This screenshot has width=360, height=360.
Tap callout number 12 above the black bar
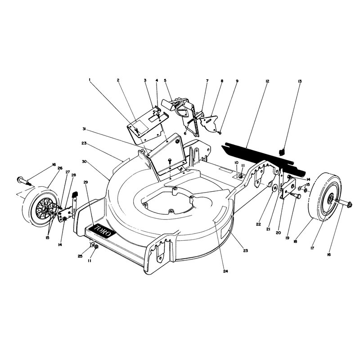pos(267,81)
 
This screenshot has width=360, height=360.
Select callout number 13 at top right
pos(300,81)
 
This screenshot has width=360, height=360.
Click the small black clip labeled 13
pos(282,152)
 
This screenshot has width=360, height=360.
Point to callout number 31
pos(84,129)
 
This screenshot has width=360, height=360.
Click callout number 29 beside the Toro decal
pos(85,182)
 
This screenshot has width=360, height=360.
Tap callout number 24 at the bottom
pos(225,271)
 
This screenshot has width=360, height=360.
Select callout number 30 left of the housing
pos(84,162)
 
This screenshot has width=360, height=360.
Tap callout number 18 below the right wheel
pos(295,242)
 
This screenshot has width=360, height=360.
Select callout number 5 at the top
pos(165,81)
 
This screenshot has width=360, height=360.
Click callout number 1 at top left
pos(90,80)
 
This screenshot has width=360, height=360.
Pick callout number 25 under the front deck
pos(80,256)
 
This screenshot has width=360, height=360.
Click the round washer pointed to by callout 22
pos(274,188)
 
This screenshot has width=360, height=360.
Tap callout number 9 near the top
pos(237,81)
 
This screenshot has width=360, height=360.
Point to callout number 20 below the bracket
pos(278,233)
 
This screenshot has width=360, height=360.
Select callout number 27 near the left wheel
pos(67,172)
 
